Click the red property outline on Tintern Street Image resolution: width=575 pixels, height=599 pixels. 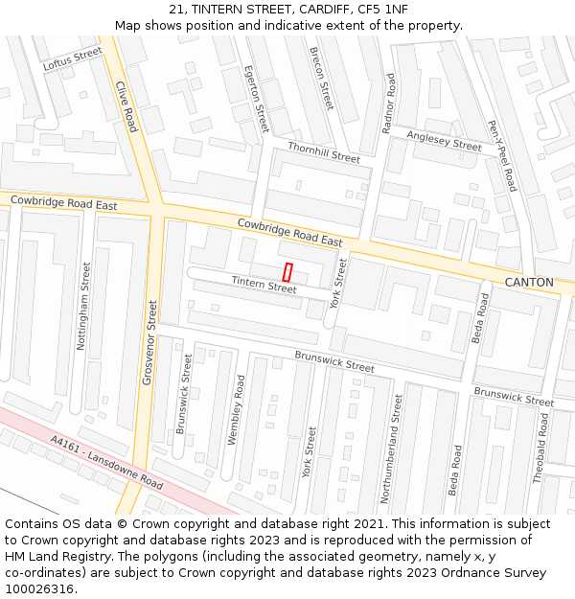(287, 271)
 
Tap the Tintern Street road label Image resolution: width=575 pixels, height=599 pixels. (264, 285)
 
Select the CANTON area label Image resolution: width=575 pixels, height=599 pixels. (529, 283)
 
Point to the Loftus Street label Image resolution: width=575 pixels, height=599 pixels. (72, 58)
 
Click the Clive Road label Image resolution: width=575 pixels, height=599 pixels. (126, 106)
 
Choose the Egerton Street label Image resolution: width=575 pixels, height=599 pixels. (256, 99)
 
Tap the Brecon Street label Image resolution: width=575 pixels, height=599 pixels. (321, 78)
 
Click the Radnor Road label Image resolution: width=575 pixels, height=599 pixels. (389, 103)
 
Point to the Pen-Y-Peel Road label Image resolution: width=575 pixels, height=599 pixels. (502, 155)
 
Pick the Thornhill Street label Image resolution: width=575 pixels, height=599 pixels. (324, 151)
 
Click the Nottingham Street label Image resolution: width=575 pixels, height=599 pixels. (83, 304)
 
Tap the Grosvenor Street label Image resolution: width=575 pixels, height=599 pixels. (149, 342)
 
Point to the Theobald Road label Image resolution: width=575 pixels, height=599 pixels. (542, 448)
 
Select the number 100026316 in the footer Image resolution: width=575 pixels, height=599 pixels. (39, 588)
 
